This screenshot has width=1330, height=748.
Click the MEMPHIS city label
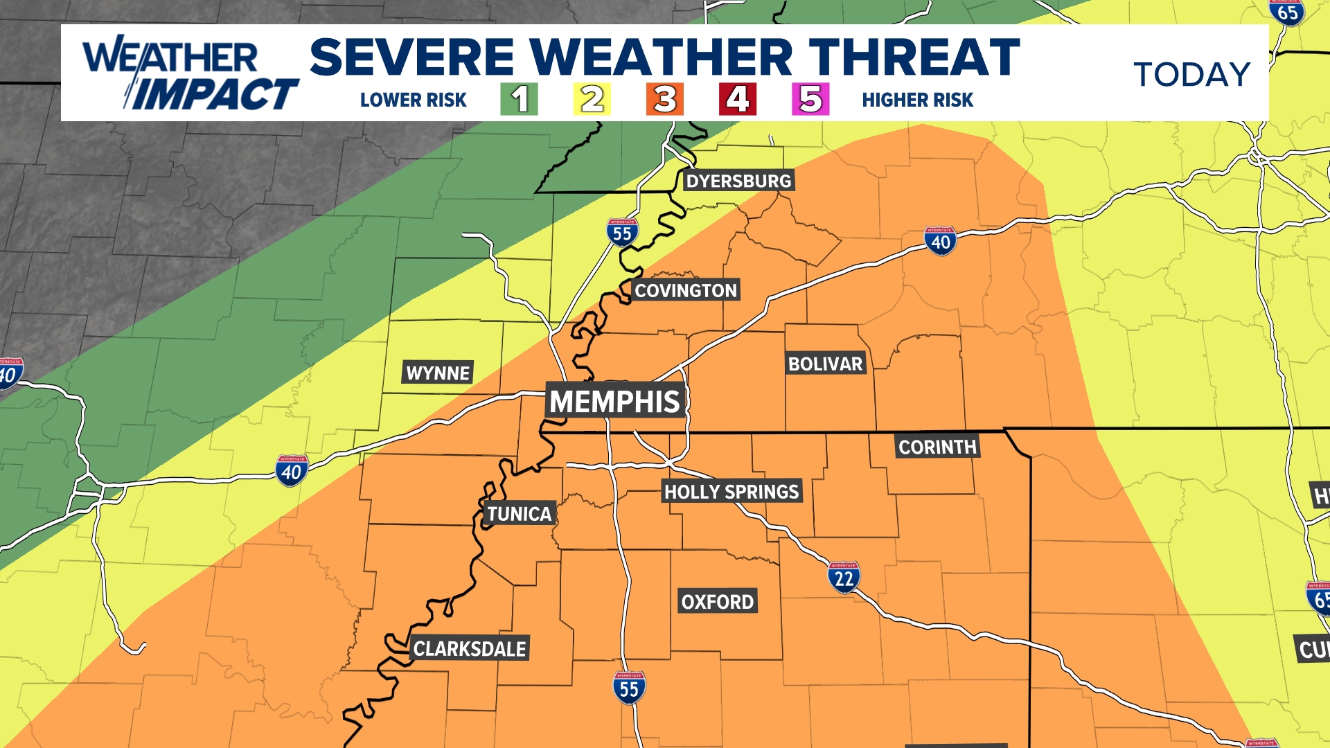click(x=614, y=402)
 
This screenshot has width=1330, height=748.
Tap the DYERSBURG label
click(x=738, y=181)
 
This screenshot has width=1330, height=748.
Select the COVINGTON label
click(x=686, y=290)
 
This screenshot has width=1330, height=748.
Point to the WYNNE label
click(x=438, y=373)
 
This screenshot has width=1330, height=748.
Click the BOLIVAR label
click(x=825, y=364)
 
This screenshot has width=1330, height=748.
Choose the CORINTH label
click(x=937, y=447)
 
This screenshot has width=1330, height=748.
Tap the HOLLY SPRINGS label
click(x=731, y=492)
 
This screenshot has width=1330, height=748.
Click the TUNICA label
click(x=520, y=513)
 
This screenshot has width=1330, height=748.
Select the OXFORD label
click(x=717, y=601)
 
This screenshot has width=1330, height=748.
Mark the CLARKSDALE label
click(x=470, y=649)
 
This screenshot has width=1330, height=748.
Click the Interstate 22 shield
click(x=844, y=578)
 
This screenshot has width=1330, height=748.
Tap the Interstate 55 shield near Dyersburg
click(x=622, y=233)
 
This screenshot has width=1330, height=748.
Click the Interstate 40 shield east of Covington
click(x=940, y=241)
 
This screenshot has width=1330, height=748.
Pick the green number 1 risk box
click(x=520, y=100)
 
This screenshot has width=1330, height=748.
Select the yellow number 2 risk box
click(x=592, y=100)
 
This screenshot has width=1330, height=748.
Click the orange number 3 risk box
click(x=665, y=100)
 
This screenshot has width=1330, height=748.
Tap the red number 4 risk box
click(x=738, y=100)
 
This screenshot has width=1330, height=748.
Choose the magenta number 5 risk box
click(x=810, y=100)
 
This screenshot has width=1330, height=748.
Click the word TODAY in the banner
click(x=1191, y=75)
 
